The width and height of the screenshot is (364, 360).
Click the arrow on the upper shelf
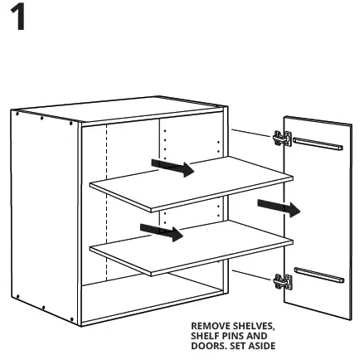pyautogui.click(x=172, y=168)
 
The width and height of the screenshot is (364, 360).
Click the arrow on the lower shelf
pyautogui.click(x=161, y=231)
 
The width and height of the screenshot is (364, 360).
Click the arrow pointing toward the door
pyautogui.click(x=279, y=207)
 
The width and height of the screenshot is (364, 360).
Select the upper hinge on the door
pyautogui.click(x=282, y=139)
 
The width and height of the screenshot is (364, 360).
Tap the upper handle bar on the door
pyautogui.click(x=318, y=144)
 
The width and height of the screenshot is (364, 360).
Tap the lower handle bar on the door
pyautogui.click(x=318, y=275)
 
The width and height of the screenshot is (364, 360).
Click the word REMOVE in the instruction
pyautogui.click(x=208, y=326)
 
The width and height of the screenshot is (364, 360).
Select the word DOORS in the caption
pyautogui.click(x=208, y=345)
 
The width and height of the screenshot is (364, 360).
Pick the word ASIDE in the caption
pyautogui.click(x=260, y=345)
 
